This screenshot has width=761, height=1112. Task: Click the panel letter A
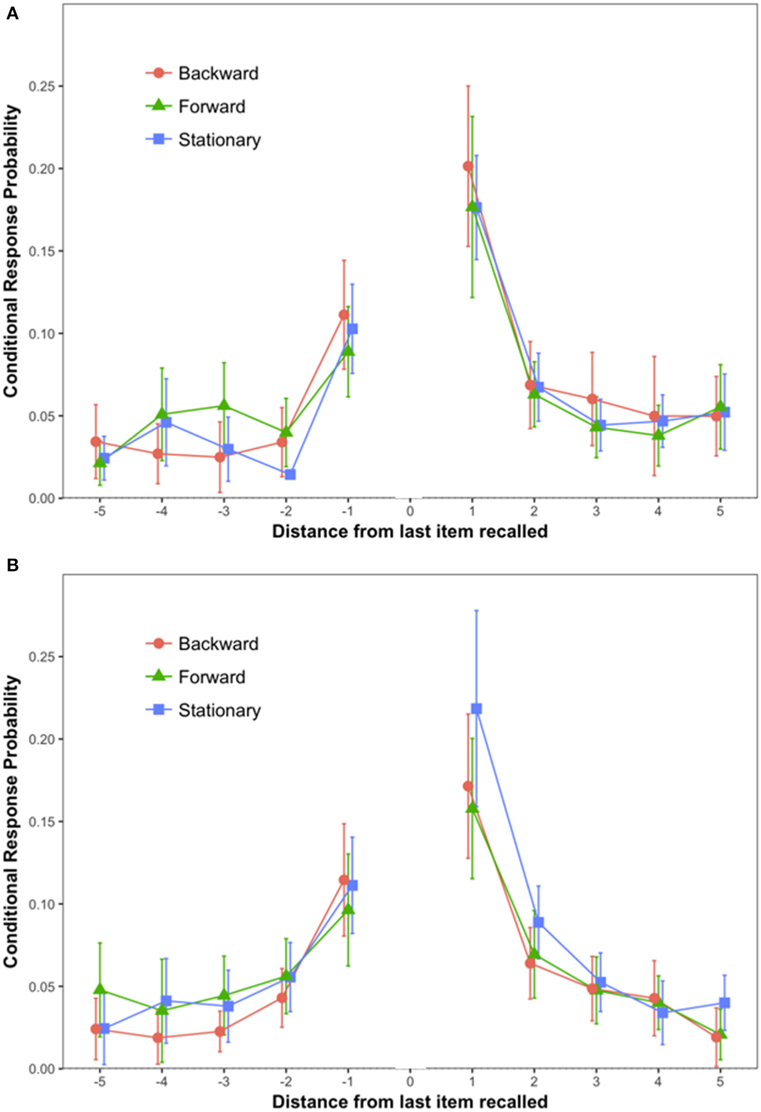12,13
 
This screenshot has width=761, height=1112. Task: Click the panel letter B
12,565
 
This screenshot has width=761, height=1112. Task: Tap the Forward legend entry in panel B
196,677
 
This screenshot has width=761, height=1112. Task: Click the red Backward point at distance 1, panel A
468,166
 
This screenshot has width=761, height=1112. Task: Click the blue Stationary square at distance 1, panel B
476,709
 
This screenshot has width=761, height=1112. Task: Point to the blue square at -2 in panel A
290,474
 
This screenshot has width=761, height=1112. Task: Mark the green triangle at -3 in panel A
224,405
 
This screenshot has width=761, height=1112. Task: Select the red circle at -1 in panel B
344,880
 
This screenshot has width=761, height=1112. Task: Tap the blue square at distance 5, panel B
724,1002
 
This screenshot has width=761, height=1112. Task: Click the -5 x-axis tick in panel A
99,511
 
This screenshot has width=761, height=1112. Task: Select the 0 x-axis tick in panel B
410,1081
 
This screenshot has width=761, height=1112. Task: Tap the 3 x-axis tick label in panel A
596,511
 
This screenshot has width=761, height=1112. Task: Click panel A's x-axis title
409,532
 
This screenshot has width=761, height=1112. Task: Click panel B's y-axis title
12,822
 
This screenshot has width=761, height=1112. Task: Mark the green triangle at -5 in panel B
100,989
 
